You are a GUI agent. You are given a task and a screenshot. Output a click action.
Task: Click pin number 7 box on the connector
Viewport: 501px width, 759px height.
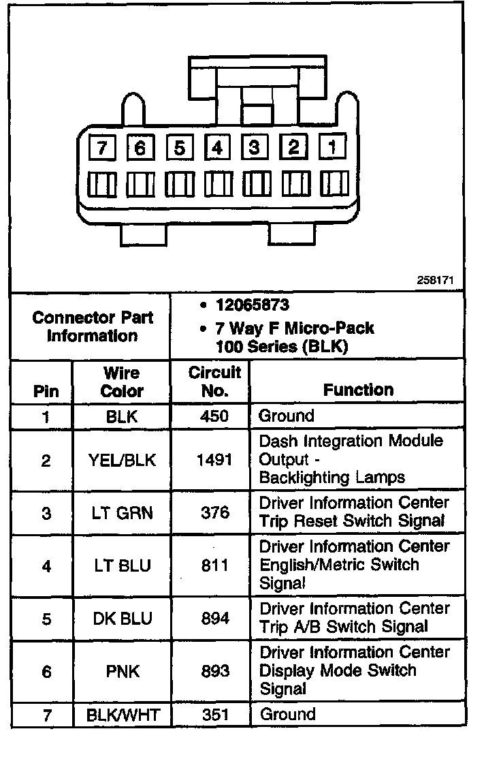tap(101, 148)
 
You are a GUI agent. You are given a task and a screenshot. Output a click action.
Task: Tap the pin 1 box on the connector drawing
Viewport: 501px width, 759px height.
tap(333, 146)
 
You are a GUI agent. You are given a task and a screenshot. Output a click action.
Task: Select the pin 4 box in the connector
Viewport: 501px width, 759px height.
tap(217, 147)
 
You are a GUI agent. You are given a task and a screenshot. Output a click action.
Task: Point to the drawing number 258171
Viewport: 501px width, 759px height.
tap(436, 281)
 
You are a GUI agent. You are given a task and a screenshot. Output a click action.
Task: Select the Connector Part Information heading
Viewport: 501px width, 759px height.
tap(93, 326)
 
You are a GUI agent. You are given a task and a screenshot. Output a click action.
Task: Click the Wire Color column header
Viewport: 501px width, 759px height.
tap(122, 382)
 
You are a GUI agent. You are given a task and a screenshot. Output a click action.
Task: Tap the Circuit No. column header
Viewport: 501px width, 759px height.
tap(215, 382)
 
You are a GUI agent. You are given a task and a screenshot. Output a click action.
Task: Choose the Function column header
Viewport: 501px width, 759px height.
tap(358, 390)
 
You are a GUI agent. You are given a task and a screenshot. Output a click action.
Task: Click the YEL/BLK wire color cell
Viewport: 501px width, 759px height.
tap(122, 460)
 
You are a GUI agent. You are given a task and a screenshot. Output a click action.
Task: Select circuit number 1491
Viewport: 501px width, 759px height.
tap(215, 460)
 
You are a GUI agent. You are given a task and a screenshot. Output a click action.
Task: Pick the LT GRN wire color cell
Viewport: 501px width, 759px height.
tap(122, 512)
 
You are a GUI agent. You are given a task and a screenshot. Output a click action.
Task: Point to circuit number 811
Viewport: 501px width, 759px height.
tap(215, 566)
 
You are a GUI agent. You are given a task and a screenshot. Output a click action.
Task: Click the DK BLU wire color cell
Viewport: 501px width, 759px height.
tap(122, 619)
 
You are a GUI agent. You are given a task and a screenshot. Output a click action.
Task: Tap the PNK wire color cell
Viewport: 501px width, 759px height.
tap(122, 672)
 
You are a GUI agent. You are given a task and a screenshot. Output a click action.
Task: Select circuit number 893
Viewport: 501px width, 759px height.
tap(215, 672)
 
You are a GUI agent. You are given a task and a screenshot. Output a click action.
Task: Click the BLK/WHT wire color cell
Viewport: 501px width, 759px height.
tap(122, 715)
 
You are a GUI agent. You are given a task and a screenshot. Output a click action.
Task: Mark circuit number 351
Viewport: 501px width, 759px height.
tap(215, 715)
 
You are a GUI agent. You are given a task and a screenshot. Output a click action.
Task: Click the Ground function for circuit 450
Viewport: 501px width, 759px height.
tap(287, 416)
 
